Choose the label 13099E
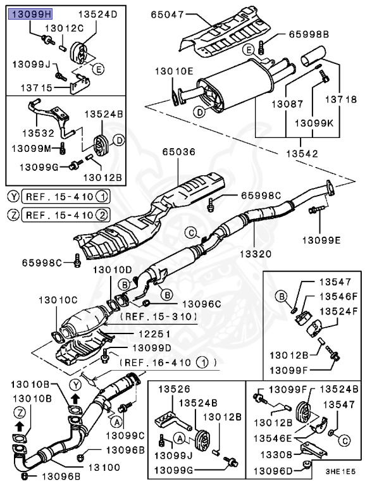tap(321, 240)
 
